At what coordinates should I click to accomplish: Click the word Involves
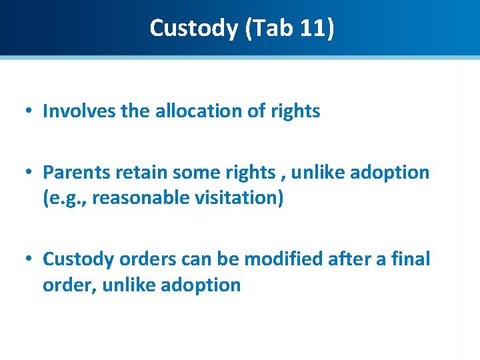[79, 111]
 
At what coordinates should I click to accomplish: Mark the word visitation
[238, 199]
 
